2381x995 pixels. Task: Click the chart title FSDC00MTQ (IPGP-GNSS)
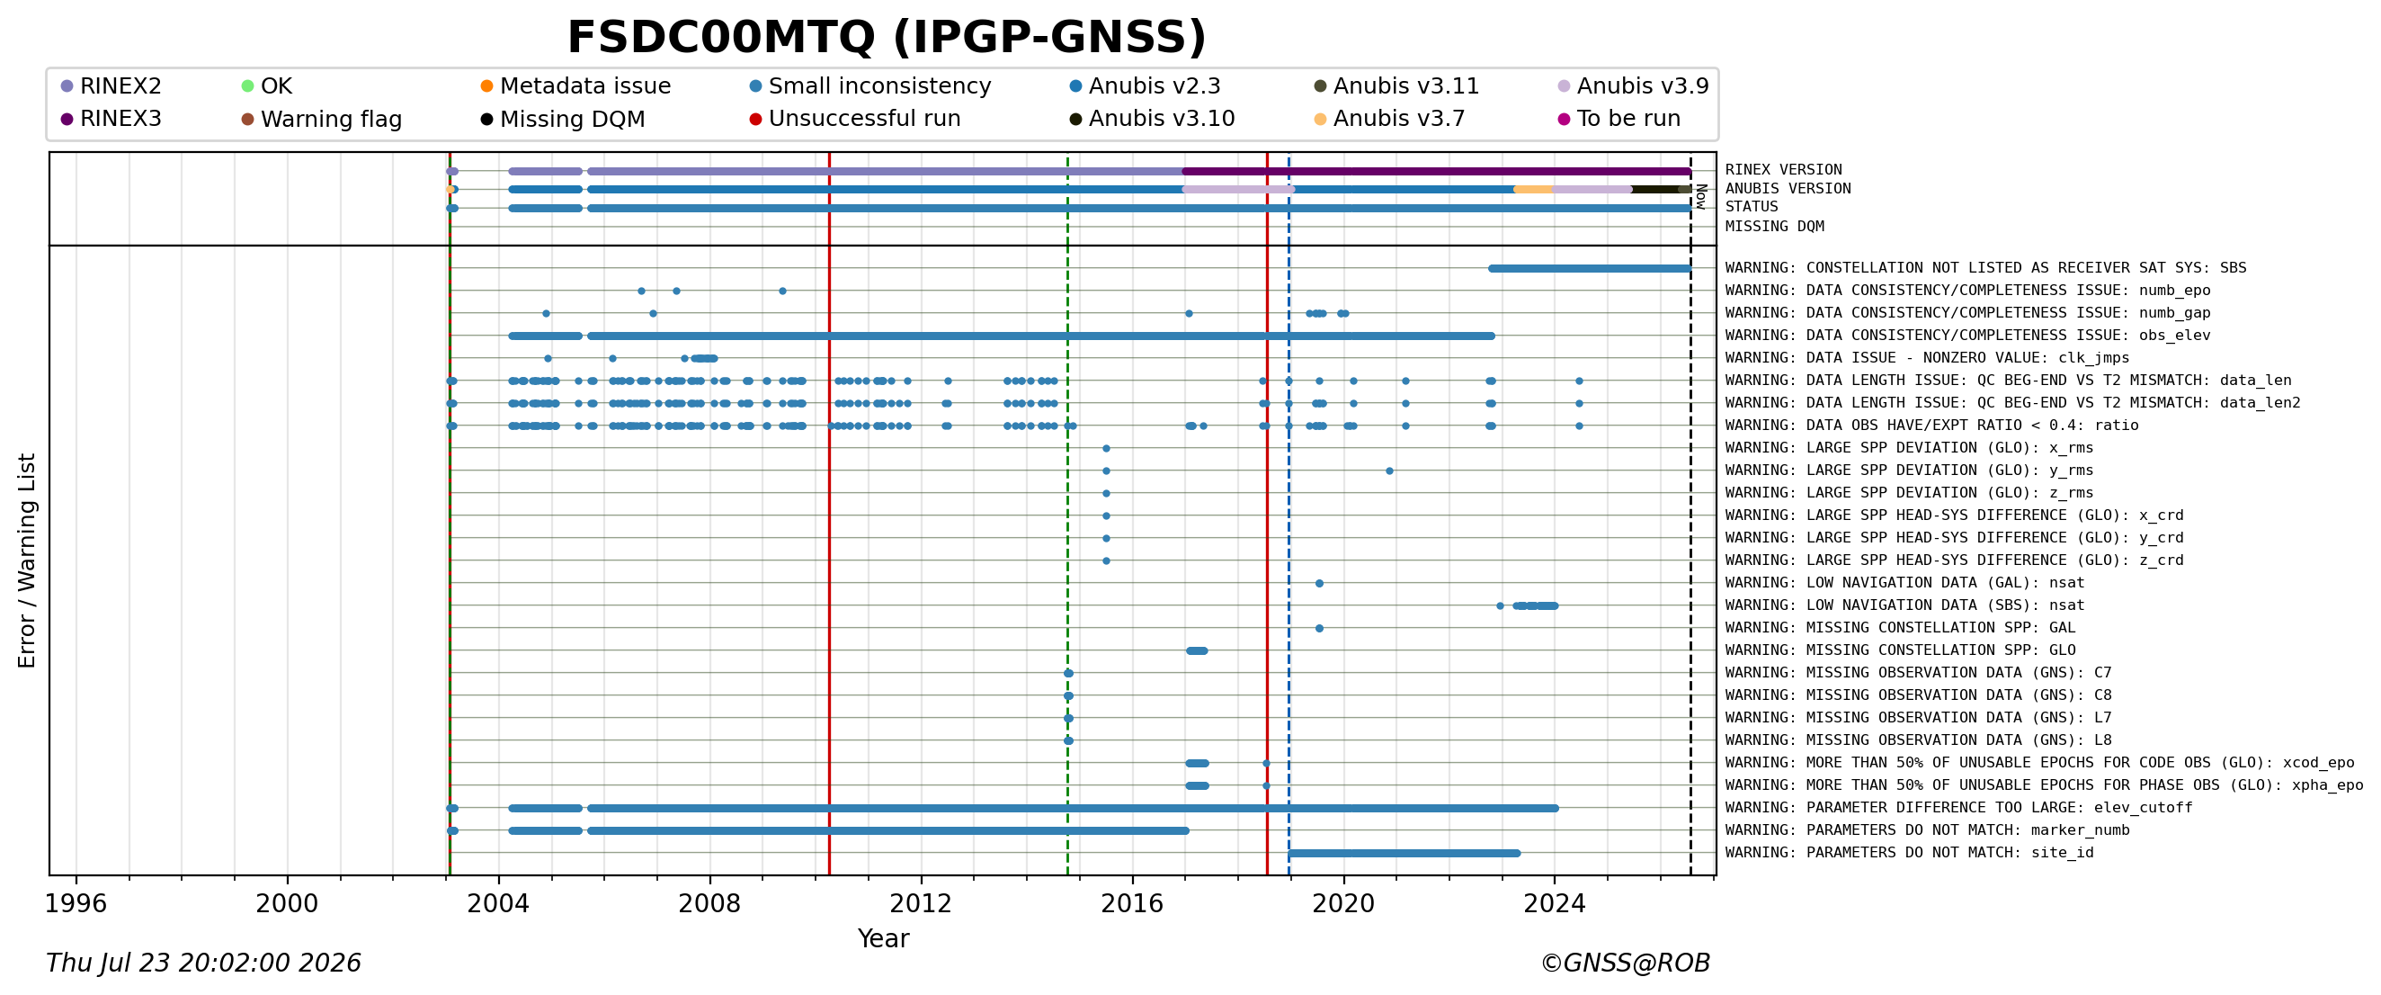pyautogui.click(x=887, y=38)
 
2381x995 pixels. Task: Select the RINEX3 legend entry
pyautogui.click(x=111, y=120)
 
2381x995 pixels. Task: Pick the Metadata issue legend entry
pyautogui.click(x=575, y=86)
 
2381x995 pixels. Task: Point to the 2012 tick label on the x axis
pyautogui.click(x=921, y=903)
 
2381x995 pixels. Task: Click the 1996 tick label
pyautogui.click(x=76, y=903)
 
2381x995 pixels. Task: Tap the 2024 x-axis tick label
pyautogui.click(x=1555, y=903)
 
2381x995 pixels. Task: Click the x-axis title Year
pyautogui.click(x=884, y=938)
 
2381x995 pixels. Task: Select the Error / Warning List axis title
pyautogui.click(x=27, y=560)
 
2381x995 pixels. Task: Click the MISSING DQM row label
pyautogui.click(x=1775, y=227)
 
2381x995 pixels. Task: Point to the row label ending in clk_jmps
pyautogui.click(x=1927, y=358)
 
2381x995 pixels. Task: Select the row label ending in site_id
pyautogui.click(x=1910, y=853)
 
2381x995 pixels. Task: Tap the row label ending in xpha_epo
pyautogui.click(x=2044, y=785)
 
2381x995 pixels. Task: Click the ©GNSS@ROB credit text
pyautogui.click(x=1625, y=964)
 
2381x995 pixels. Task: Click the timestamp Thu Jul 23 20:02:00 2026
pyautogui.click(x=203, y=964)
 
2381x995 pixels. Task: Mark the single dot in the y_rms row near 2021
pyautogui.click(x=1389, y=471)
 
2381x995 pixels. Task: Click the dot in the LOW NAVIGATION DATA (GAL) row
pyautogui.click(x=1319, y=584)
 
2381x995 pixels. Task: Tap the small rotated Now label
pyautogui.click(x=1701, y=196)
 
